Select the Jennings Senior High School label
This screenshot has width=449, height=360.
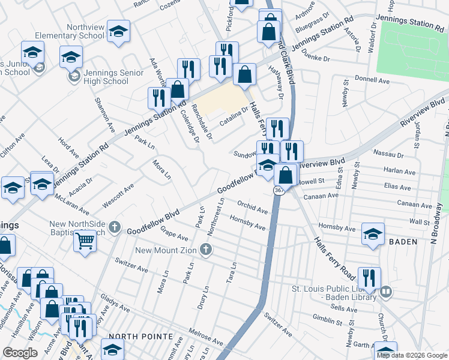coord(113,77)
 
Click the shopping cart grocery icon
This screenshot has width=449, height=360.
coord(85,241)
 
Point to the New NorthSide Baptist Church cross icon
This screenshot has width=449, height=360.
coord(115,229)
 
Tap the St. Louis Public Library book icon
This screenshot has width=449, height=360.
coord(386,292)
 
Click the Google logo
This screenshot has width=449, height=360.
coord(20,353)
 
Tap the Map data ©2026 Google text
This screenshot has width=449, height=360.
coord(412,355)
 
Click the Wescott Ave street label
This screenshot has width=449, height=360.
coord(118,196)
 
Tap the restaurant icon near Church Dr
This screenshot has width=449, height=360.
coord(369,278)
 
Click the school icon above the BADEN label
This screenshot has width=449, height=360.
coord(373,233)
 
